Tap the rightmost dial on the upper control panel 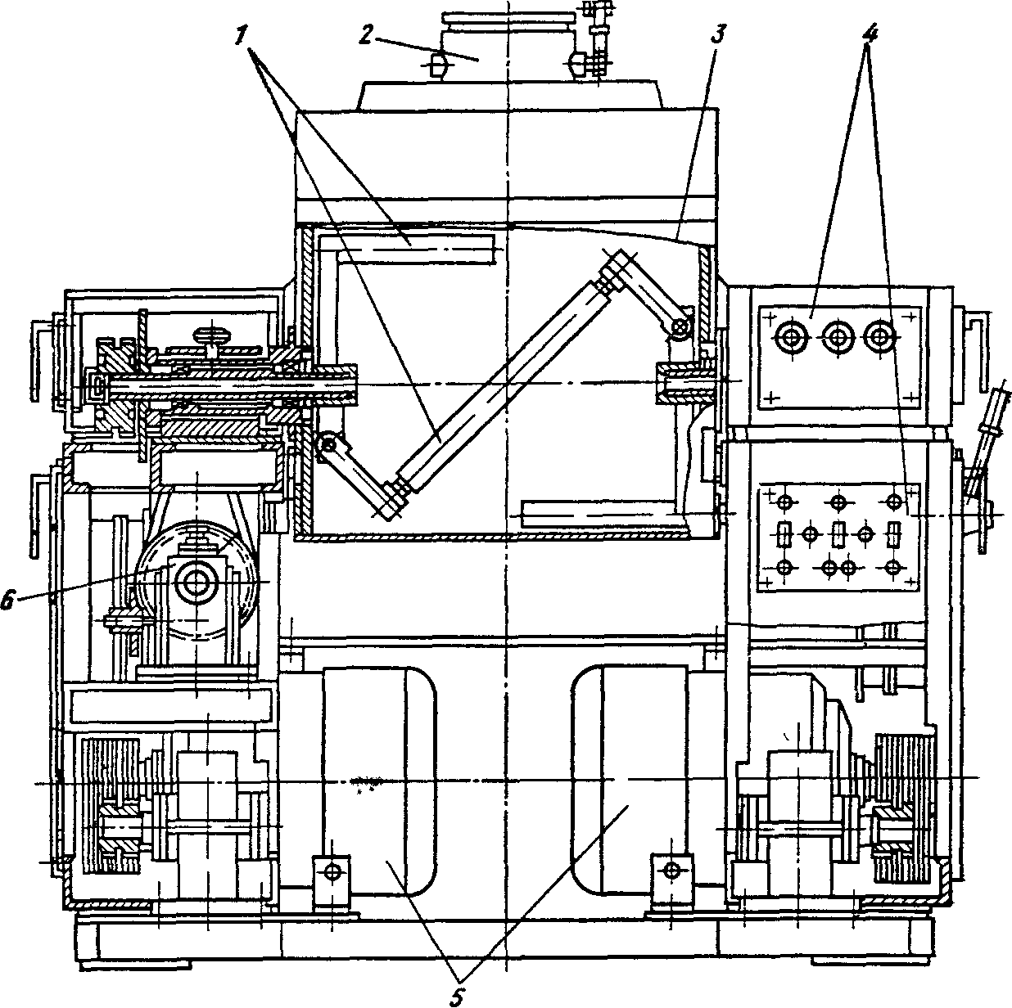tap(880, 335)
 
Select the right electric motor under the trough tap(630, 777)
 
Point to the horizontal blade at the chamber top tap(418, 248)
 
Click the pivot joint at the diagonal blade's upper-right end tap(679, 328)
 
